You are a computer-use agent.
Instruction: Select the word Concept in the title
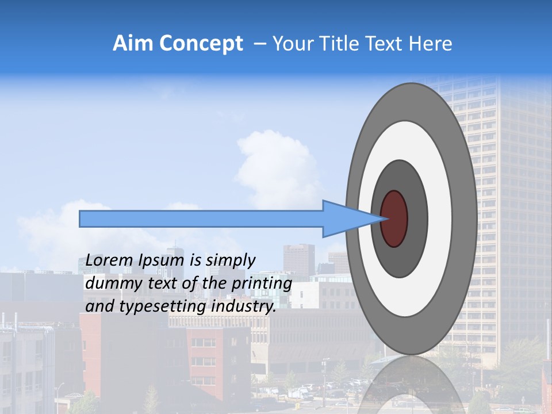point(201,44)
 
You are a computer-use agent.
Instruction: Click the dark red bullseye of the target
point(394,218)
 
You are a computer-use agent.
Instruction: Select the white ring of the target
point(440,218)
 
